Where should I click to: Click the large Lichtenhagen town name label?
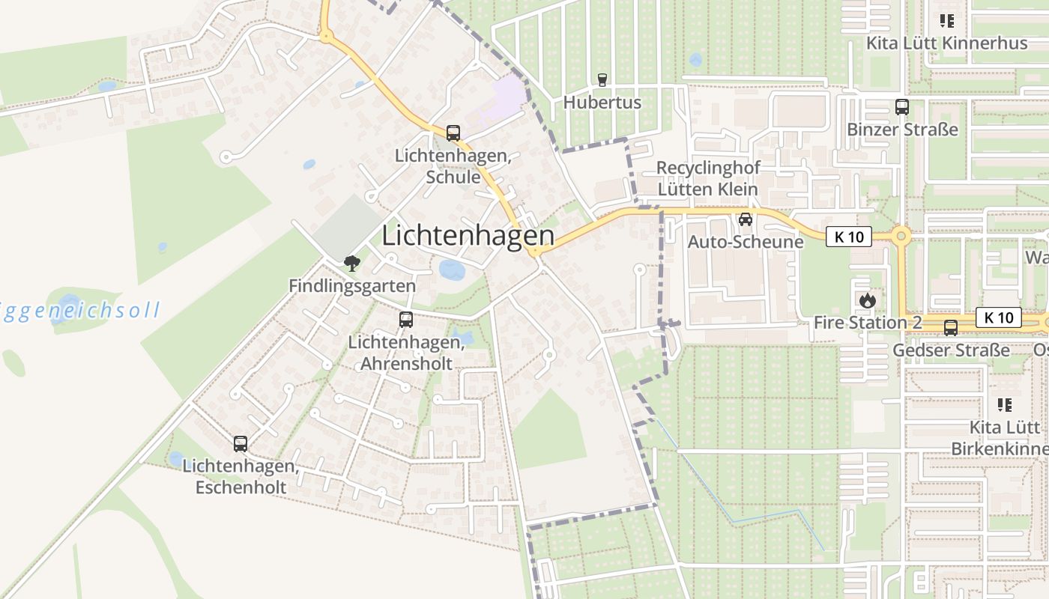click(468, 236)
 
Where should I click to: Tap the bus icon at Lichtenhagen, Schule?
click(453, 133)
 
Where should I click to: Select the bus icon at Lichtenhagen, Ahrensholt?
click(406, 320)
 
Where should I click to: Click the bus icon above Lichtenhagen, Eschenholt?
click(240, 443)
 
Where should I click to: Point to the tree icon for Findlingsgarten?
click(351, 263)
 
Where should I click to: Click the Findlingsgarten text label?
click(352, 286)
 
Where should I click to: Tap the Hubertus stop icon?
click(602, 80)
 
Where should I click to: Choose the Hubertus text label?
click(602, 103)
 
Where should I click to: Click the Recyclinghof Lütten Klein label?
click(707, 178)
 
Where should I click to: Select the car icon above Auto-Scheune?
click(745, 219)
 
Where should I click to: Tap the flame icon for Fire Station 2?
click(868, 300)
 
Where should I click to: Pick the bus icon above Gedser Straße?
click(950, 327)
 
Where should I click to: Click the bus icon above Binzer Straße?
click(901, 107)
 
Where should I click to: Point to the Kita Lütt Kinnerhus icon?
click(946, 21)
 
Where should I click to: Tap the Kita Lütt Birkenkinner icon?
click(1005, 405)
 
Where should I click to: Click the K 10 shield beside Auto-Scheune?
click(849, 237)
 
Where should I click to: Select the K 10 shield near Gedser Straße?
click(998, 317)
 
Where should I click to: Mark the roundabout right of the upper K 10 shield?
click(901, 237)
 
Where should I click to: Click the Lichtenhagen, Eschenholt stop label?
click(241, 477)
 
